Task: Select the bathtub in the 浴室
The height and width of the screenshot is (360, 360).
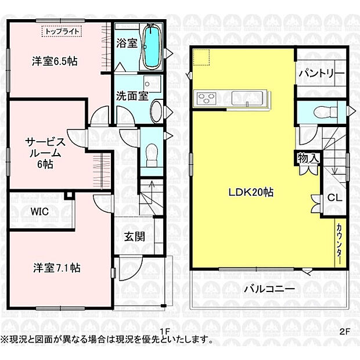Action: [x=151, y=47]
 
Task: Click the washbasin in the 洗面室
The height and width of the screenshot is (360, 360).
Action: [x=156, y=110]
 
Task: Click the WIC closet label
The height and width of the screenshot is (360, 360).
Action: [x=40, y=212]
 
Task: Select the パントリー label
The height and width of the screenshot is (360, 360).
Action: [x=322, y=74]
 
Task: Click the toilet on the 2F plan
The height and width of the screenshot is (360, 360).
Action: [x=322, y=113]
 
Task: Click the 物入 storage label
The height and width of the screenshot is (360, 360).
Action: [x=308, y=158]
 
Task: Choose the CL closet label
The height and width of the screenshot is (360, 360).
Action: [x=334, y=197]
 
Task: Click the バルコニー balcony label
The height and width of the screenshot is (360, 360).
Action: [x=269, y=288]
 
